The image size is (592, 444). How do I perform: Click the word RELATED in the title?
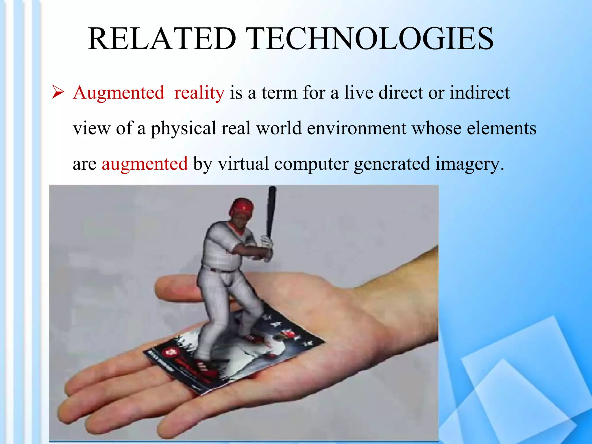162,39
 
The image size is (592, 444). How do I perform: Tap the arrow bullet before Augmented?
58,93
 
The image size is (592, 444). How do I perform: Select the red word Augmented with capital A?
119,93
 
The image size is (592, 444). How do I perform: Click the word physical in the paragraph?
183,129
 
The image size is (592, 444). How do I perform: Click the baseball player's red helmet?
242,206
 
